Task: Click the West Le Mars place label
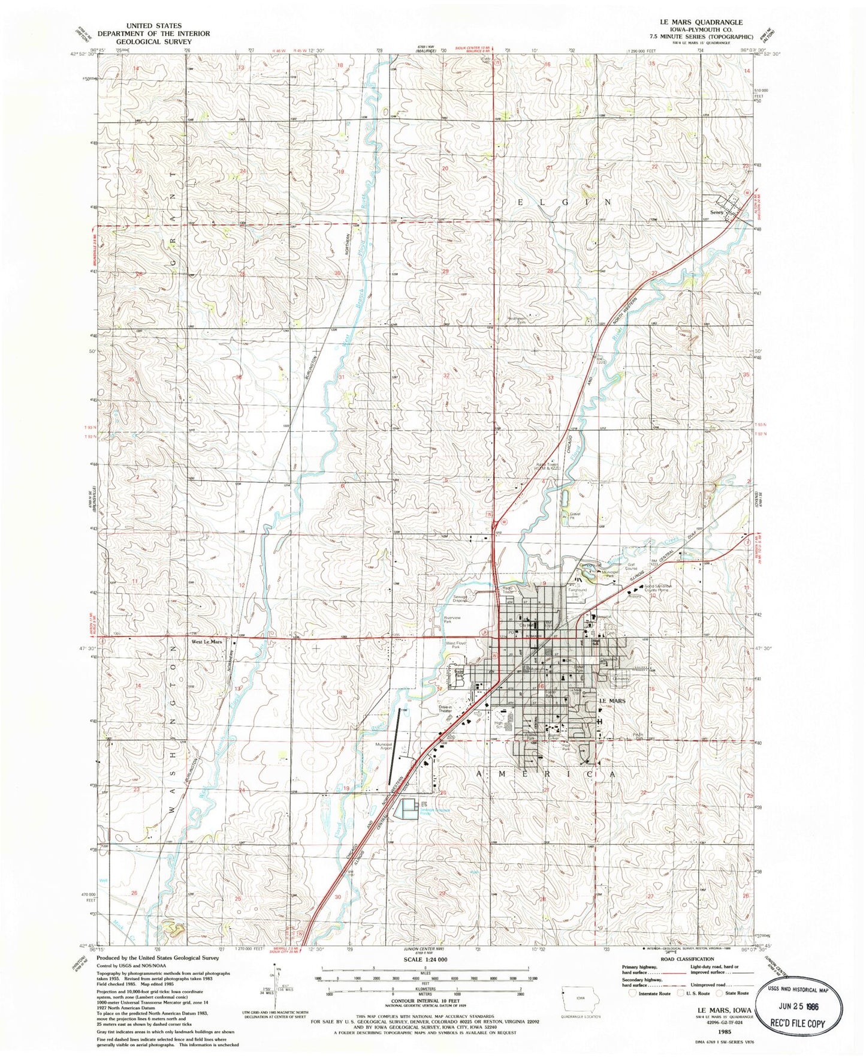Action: coord(207,642)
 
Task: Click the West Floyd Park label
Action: coord(455,645)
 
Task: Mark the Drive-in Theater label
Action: coord(445,709)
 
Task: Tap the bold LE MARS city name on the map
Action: coord(612,701)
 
